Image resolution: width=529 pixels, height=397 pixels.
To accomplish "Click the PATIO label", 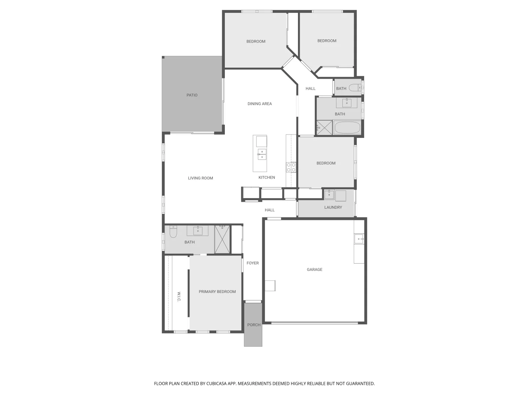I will [x=192, y=95].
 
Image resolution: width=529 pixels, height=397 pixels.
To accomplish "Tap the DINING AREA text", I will [x=259, y=104].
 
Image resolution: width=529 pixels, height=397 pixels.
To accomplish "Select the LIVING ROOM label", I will [x=200, y=178].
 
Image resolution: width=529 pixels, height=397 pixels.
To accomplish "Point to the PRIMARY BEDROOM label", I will [x=217, y=292].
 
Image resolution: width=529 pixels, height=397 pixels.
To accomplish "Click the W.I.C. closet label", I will [x=179, y=297].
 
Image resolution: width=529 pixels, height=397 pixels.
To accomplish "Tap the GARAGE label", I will [x=314, y=270].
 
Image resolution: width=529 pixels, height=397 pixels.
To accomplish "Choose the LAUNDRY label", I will [x=333, y=208].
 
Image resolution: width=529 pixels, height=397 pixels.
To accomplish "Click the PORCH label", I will [x=253, y=325].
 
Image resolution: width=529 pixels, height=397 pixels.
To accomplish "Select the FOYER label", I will [x=252, y=263].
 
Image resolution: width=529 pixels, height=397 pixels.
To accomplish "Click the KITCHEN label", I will [x=267, y=178].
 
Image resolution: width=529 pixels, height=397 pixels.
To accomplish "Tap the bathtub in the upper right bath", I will [x=347, y=128].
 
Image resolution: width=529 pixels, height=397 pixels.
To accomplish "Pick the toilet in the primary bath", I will [x=173, y=232].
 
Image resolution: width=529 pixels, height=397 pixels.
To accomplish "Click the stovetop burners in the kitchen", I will [x=291, y=168].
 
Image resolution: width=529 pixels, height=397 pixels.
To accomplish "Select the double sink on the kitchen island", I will [x=262, y=154].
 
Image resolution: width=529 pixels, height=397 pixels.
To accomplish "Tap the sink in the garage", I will [x=359, y=239].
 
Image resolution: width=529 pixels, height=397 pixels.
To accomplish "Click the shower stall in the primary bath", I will [x=222, y=239].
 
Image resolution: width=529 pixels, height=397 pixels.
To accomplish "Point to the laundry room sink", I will [x=329, y=195].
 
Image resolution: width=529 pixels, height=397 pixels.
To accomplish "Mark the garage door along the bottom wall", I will [x=314, y=323].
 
